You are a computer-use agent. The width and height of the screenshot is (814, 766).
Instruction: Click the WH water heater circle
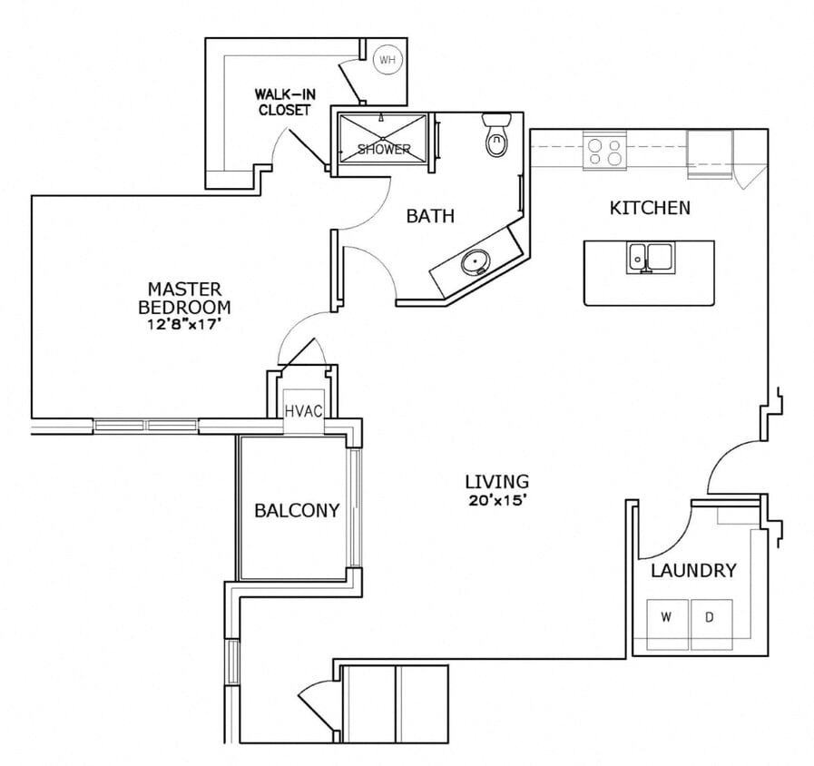387,61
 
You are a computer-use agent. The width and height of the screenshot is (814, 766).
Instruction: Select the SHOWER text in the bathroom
383,149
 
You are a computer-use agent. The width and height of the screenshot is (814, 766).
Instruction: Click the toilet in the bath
495,137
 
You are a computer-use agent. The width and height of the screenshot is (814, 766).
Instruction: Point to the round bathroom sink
473,264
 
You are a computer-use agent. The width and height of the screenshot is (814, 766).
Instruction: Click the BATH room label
430,216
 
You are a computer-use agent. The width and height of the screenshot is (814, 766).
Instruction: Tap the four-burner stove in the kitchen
605,150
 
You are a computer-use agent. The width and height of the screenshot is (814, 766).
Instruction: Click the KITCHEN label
649,208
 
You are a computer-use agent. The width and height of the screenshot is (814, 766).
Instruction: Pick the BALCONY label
297,510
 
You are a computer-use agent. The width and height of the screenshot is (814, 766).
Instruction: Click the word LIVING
496,481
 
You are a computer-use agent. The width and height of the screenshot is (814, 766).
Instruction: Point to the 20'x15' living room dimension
496,500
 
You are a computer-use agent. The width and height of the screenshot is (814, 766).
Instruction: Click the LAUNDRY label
693,571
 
